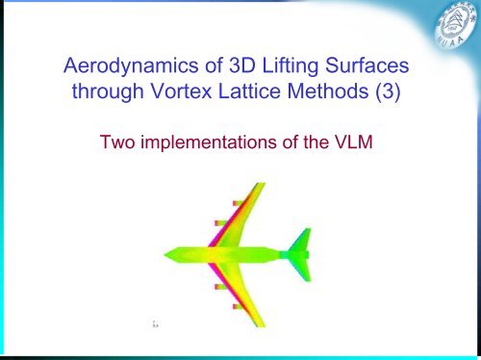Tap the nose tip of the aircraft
pos(165,254)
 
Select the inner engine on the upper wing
pos(221,222)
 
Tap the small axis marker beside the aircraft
pos(155,325)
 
